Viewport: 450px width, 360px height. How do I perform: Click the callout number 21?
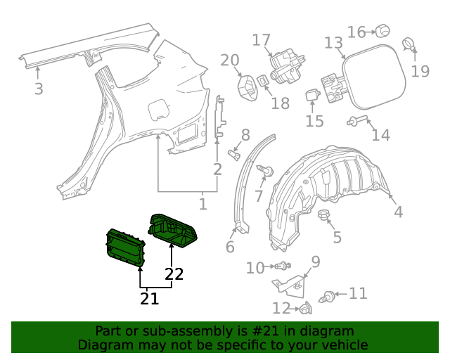pyautogui.click(x=149, y=299)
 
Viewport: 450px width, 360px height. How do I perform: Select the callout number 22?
pyautogui.click(x=174, y=274)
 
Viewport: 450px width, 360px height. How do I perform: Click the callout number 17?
pyautogui.click(x=262, y=40)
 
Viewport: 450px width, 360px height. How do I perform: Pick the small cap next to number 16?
pyautogui.click(x=382, y=31)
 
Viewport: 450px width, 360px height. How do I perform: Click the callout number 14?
pyautogui.click(x=380, y=134)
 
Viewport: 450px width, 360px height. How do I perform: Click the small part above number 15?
pyautogui.click(x=313, y=95)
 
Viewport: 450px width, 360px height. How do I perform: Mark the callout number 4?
pyautogui.click(x=399, y=212)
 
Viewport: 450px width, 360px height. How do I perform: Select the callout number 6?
pyautogui.click(x=230, y=247)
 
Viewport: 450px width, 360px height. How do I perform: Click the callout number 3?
pyautogui.click(x=39, y=89)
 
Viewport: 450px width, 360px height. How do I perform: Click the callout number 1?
pyautogui.click(x=202, y=205)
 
